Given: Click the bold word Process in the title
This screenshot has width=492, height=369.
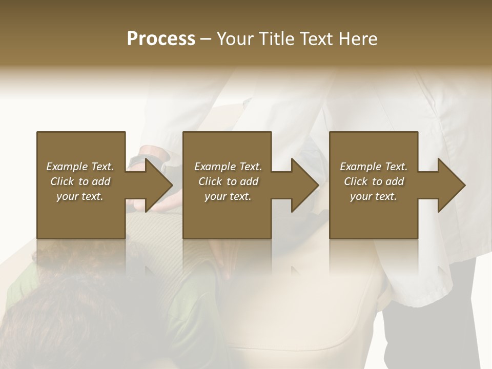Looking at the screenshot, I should pyautogui.click(x=161, y=39).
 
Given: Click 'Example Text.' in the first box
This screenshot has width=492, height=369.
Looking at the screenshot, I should pyautogui.click(x=80, y=167).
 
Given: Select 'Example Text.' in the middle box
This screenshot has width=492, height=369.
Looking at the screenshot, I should pyautogui.click(x=228, y=167).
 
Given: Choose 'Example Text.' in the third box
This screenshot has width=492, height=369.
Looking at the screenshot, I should pyautogui.click(x=374, y=167).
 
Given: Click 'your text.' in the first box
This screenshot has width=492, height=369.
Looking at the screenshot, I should pyautogui.click(x=80, y=196).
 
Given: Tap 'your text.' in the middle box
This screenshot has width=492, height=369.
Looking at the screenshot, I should pyautogui.click(x=228, y=196).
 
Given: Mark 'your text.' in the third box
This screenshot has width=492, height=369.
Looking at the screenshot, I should pyautogui.click(x=374, y=196).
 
